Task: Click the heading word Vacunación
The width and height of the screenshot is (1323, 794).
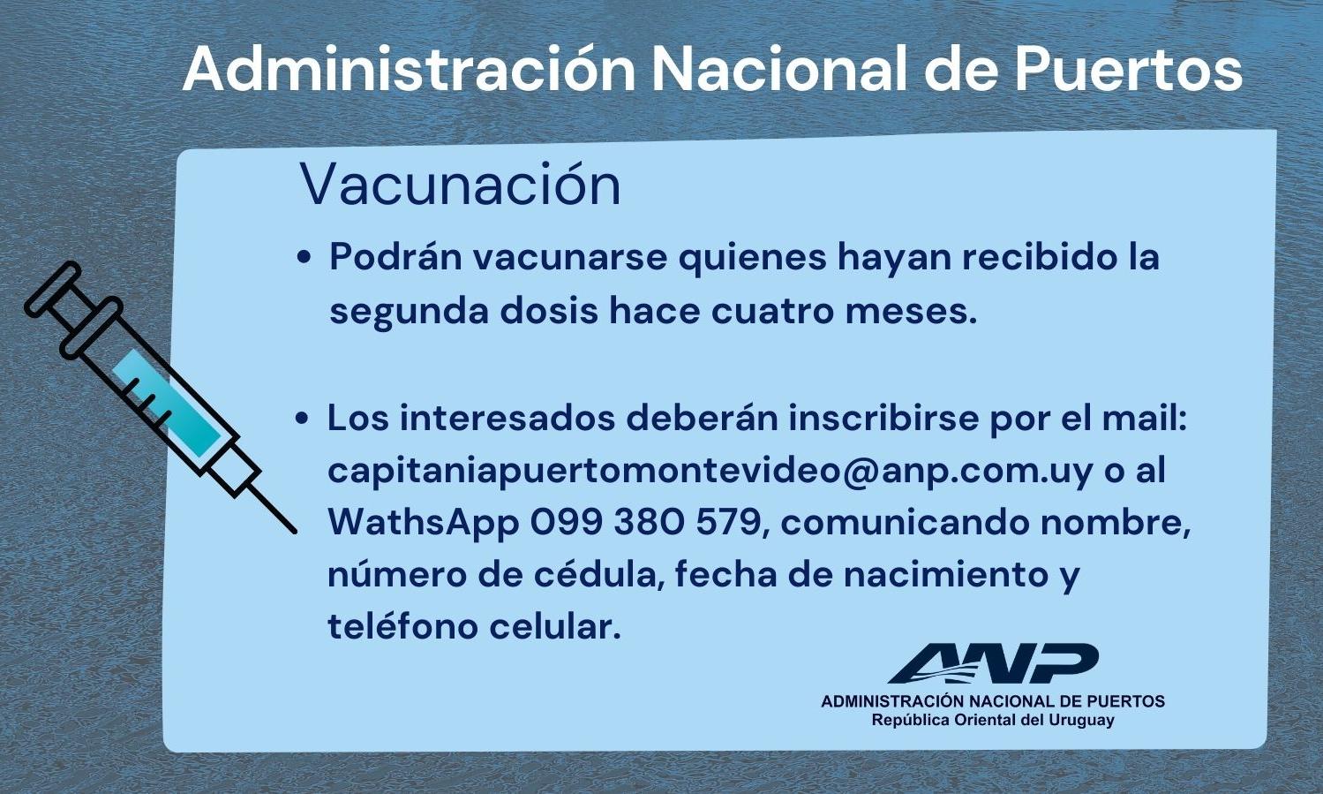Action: pos(460,185)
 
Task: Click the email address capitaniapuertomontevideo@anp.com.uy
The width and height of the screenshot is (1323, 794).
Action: pos(710,470)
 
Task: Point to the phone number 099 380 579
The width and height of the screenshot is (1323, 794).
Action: pos(644,523)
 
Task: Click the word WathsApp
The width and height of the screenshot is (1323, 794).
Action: pos(423,523)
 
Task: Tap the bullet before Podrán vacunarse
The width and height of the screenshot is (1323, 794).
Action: pos(304,259)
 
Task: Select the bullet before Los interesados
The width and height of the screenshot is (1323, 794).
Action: pos(303,419)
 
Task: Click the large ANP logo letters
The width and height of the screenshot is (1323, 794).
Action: pos(993,663)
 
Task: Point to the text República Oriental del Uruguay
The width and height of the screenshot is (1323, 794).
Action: pos(993,721)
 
